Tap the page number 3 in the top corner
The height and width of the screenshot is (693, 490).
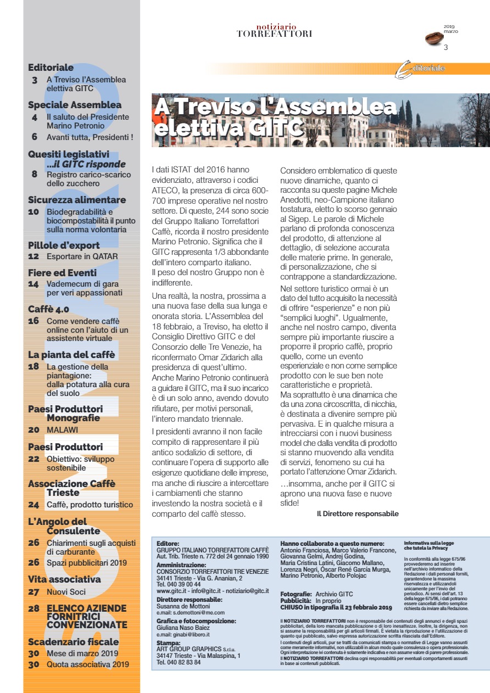[x=446, y=47]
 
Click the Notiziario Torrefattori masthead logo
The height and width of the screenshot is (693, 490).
[x=274, y=30]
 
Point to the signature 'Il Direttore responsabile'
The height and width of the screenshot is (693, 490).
[x=358, y=514]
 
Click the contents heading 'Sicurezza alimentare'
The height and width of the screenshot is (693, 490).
[x=77, y=200]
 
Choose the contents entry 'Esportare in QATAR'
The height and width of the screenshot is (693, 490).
[x=82, y=256]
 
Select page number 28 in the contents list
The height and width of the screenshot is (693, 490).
[x=34, y=608]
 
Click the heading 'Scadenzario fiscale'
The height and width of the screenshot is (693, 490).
[x=73, y=641]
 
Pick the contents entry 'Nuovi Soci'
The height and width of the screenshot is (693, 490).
[x=66, y=592]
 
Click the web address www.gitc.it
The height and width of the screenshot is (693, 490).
[x=170, y=590]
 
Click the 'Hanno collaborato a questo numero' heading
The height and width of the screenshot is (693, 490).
[x=332, y=543]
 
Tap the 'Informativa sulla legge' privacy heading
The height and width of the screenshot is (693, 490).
[x=426, y=542]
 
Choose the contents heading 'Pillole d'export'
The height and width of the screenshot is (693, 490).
[x=64, y=245]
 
